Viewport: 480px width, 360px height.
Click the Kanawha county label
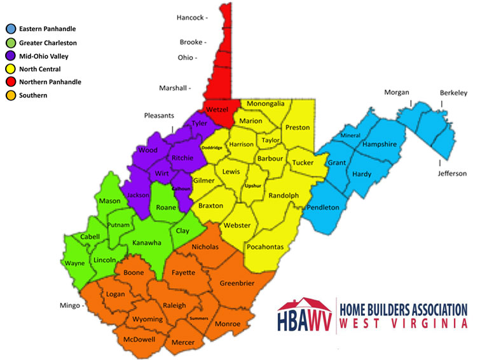click(146, 242)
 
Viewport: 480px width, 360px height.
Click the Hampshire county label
click(379, 144)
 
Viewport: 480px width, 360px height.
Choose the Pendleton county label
click(323, 207)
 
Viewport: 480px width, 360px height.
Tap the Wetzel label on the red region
click(218, 109)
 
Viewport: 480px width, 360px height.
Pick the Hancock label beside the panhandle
click(190, 18)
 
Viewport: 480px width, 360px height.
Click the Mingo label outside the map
click(69, 305)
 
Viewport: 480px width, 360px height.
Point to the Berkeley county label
click(453, 93)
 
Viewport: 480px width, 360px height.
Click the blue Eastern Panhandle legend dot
click(10, 29)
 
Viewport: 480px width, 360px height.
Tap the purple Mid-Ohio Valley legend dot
click(10, 56)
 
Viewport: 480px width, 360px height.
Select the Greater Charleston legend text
click(48, 43)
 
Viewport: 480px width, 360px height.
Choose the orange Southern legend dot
click(10, 95)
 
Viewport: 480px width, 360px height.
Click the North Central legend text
click(40, 69)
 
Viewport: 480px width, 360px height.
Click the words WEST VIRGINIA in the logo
click(404, 324)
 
